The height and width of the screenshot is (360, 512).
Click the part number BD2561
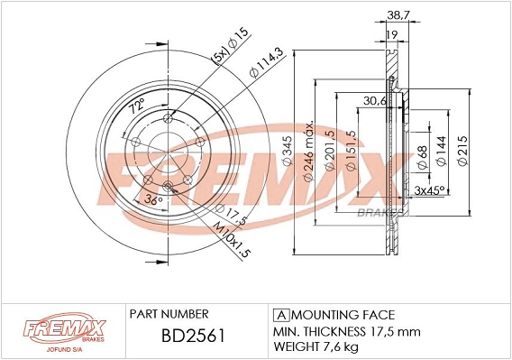tap(193, 336)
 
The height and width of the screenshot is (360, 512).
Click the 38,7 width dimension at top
tap(398, 14)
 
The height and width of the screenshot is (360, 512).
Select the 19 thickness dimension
tap(391, 34)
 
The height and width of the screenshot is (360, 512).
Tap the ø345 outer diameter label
tap(287, 152)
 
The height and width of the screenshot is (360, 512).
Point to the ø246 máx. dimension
tap(308, 152)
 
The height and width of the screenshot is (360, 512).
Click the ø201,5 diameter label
tap(330, 150)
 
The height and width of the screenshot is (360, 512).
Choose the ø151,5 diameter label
tap(351, 151)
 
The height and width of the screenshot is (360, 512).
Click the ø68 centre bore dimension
tap(423, 157)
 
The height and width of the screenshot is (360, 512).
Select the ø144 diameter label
tap(441, 151)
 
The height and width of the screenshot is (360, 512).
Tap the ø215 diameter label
tap(462, 151)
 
